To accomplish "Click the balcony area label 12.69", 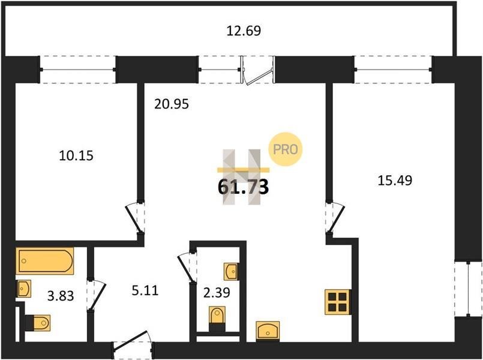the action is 244,31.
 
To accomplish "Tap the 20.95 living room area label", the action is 171,104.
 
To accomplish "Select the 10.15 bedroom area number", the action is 76,155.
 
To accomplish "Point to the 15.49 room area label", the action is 395,181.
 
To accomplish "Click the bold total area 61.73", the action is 244,187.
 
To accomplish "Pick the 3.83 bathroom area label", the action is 61,296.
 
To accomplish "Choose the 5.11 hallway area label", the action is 145,290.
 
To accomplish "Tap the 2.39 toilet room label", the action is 217,292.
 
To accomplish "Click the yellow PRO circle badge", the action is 285,149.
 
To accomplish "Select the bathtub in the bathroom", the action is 45,261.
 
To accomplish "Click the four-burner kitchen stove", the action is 338,302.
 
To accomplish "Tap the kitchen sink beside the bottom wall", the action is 268,331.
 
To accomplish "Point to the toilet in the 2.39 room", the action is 217,319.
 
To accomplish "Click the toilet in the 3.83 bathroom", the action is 38,323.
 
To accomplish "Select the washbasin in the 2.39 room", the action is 231,272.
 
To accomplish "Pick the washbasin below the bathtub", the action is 23,289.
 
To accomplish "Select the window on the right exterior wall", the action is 468,289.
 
